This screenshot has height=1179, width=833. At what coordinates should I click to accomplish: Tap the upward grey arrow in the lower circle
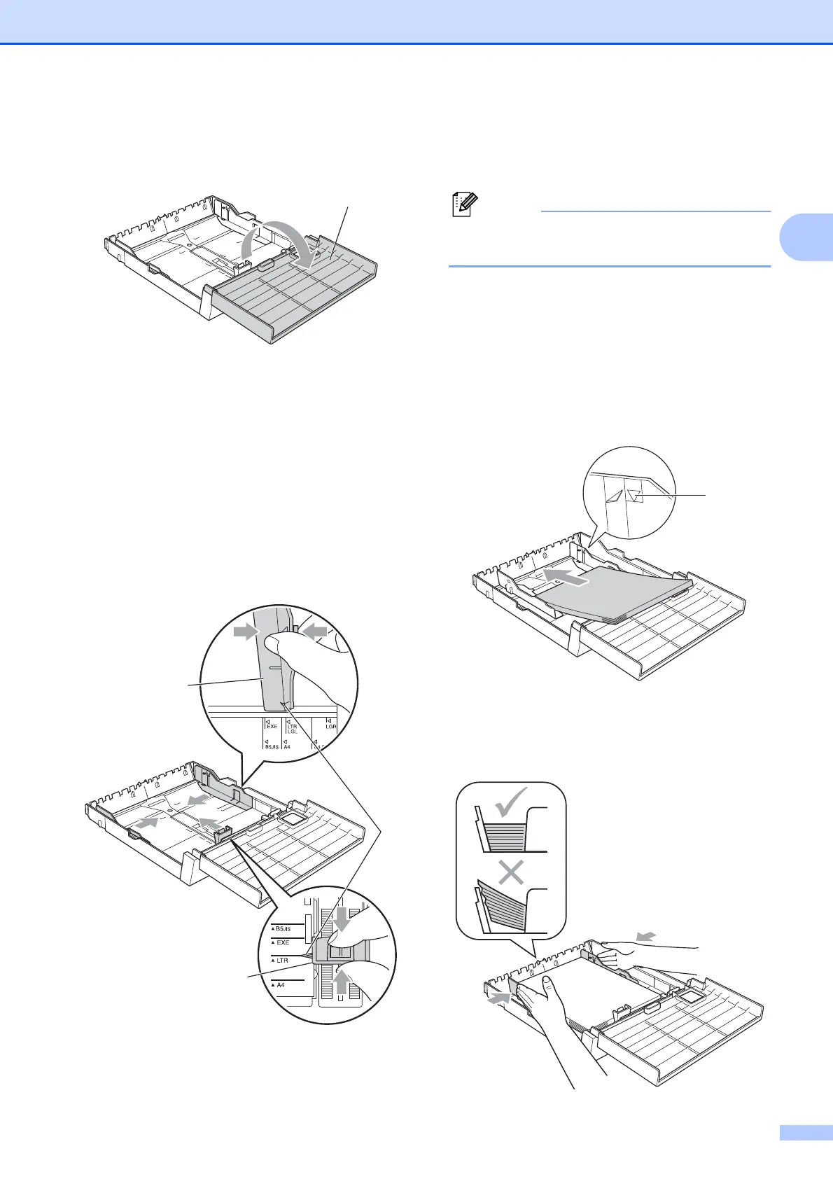341,982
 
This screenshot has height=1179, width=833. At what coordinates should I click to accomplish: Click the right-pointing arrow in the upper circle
246,632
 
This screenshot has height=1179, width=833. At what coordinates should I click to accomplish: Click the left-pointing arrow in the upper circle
316,632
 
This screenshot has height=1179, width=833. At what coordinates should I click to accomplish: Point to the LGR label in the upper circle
330,727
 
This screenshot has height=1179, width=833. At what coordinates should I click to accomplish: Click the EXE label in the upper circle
271,727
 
